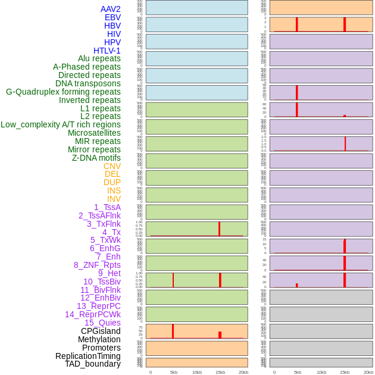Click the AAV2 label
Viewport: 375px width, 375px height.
tap(110, 9)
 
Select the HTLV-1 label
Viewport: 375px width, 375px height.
tap(107, 51)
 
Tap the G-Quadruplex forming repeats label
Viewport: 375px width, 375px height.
tap(63, 92)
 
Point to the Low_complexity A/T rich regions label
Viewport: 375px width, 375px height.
tap(61, 124)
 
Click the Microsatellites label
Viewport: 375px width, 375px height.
tap(94, 133)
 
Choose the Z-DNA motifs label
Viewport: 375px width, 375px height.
tap(96, 158)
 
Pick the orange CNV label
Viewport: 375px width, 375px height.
tap(112, 166)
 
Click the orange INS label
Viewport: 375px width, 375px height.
tap(114, 190)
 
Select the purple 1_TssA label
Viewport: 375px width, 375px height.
tap(107, 207)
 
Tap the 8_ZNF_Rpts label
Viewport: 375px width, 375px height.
tap(97, 265)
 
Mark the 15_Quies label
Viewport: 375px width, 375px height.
tap(102, 323)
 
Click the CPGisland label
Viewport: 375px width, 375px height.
tap(101, 331)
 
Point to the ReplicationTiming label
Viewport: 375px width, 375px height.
tap(88, 356)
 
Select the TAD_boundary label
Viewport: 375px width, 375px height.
tap(93, 364)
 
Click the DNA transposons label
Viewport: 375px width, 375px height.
tap(88, 83)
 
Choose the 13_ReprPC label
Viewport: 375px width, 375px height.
tap(98, 306)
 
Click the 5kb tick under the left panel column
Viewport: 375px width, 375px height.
tap(173, 372)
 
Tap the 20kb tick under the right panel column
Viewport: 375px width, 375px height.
tap(368, 372)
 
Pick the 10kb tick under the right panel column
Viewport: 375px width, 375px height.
tap(321, 372)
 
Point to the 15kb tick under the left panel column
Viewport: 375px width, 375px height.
tap(220, 372)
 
